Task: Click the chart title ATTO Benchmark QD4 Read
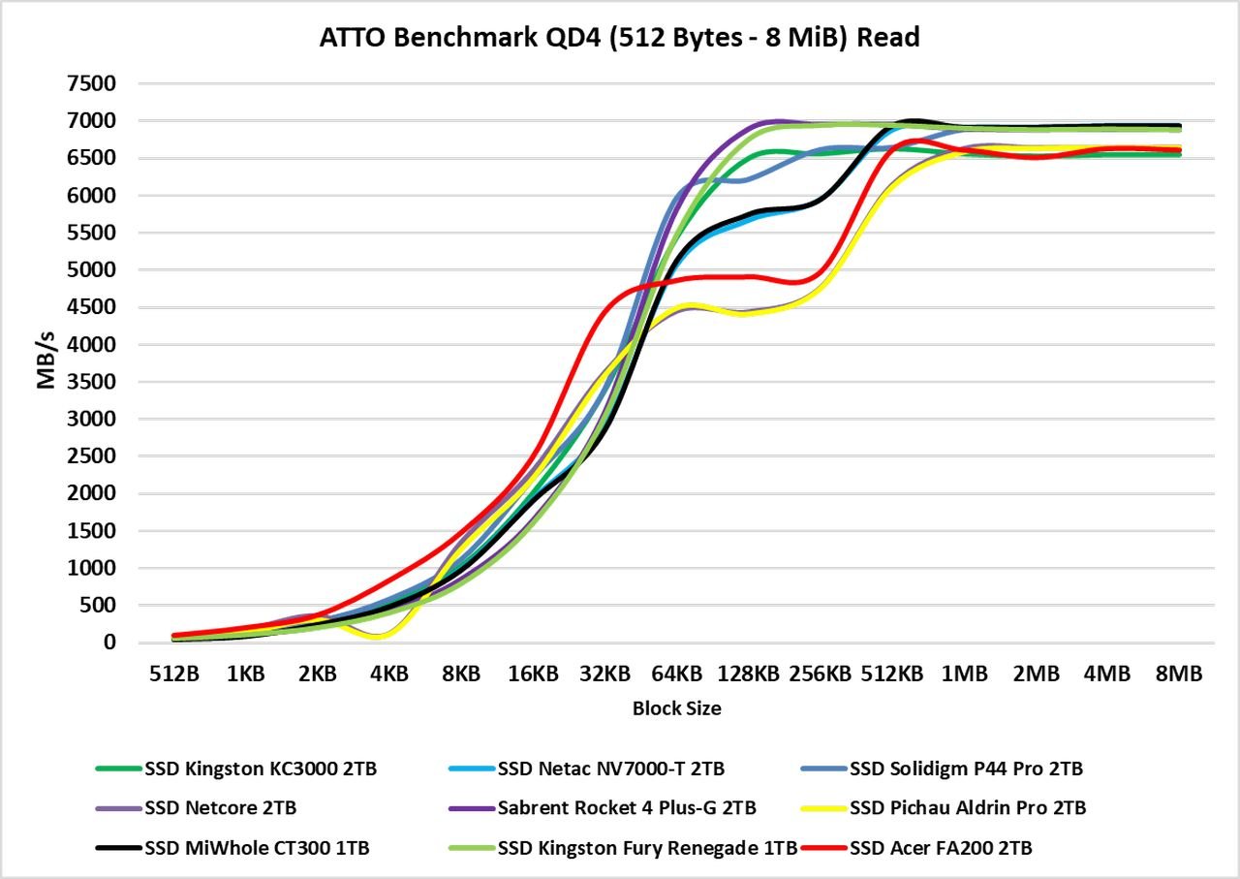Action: pyautogui.click(x=619, y=38)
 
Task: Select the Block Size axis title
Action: pyautogui.click(x=676, y=708)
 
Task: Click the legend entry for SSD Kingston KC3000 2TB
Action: pyautogui.click(x=260, y=769)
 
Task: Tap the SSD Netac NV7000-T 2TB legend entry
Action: pyautogui.click(x=610, y=769)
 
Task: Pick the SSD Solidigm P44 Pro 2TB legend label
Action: pyautogui.click(x=966, y=769)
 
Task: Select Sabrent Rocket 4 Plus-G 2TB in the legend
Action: pyautogui.click(x=627, y=807)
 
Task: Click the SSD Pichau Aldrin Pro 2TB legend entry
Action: pyautogui.click(x=968, y=807)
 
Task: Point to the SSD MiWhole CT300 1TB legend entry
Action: pyautogui.click(x=257, y=848)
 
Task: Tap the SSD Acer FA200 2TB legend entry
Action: pyautogui.click(x=941, y=848)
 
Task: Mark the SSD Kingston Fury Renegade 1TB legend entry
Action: pyautogui.click(x=647, y=848)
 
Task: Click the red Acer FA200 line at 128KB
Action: pyautogui.click(x=748, y=276)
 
